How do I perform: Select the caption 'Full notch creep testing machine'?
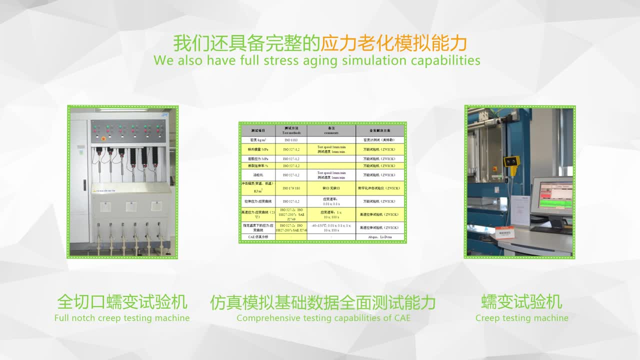[122, 318]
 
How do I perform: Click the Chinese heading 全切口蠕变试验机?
[122, 302]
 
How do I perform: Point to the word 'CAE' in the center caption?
[402, 318]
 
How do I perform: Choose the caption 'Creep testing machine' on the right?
[521, 318]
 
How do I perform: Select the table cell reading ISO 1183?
[290, 140]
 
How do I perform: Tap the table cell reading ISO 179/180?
[290, 188]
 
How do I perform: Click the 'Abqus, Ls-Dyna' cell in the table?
[379, 236]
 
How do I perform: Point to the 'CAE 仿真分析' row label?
[257, 236]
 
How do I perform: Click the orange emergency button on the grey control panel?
[103, 138]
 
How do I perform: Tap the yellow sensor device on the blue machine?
[511, 161]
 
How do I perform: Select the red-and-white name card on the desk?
[504, 233]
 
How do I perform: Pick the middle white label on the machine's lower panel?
[131, 206]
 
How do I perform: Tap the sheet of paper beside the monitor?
[520, 210]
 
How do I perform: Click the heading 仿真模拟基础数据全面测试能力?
[322, 302]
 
